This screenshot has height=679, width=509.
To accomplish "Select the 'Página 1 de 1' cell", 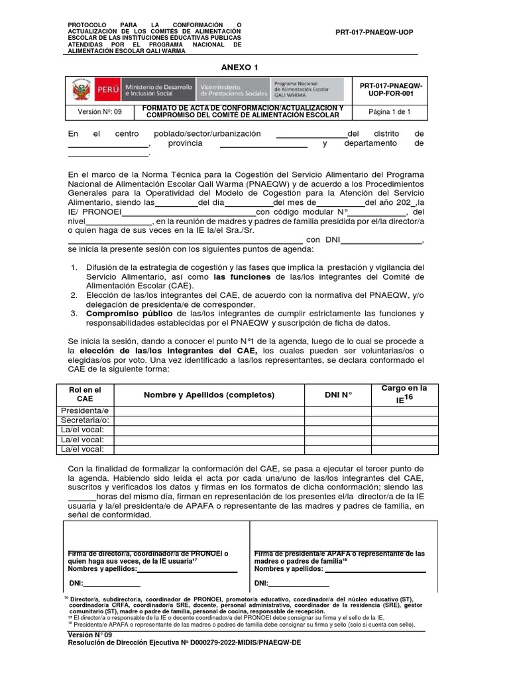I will pyautogui.click(x=390, y=112).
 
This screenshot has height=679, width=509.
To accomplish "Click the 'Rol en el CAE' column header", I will pyautogui.click(x=85, y=395).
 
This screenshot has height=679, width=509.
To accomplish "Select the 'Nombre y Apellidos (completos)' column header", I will pyautogui.click(x=209, y=395).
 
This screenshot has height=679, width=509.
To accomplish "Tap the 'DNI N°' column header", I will pyautogui.click(x=337, y=395).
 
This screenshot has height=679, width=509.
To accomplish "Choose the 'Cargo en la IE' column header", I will pyautogui.click(x=404, y=394).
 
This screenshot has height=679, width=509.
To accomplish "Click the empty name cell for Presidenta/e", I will pyautogui.click(x=209, y=410).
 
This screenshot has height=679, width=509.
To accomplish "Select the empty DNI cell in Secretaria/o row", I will pyautogui.click(x=337, y=420).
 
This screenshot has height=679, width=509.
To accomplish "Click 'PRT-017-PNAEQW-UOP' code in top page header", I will pyautogui.click(x=374, y=32).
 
